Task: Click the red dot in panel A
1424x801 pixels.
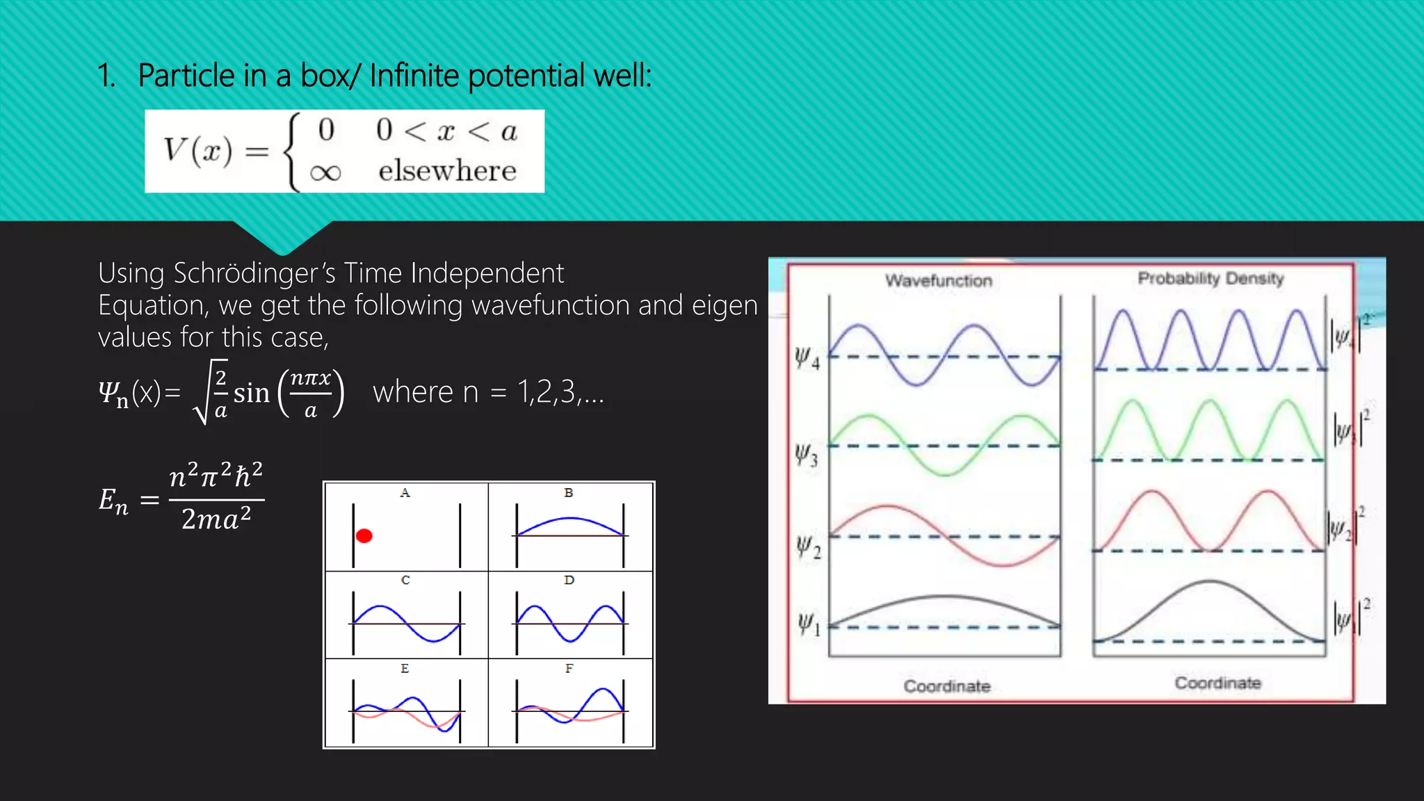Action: [x=364, y=535]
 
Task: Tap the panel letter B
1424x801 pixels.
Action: [x=569, y=493]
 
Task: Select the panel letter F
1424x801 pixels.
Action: [x=569, y=668]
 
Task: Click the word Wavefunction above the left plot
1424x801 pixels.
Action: [x=938, y=281]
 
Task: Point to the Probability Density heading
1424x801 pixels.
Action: [x=1210, y=278]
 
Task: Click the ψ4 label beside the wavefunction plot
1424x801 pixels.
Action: [x=807, y=358]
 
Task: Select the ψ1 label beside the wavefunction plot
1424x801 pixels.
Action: [x=808, y=624]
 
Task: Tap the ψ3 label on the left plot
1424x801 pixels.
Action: [x=807, y=455]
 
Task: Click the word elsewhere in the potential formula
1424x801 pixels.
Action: [x=447, y=171]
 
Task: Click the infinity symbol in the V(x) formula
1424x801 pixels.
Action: [x=325, y=172]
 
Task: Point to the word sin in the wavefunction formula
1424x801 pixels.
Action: [x=251, y=394]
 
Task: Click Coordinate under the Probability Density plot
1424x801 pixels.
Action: [x=1217, y=683]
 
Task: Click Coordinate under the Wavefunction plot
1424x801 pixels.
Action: [x=946, y=686]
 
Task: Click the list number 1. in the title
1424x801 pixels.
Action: [x=106, y=75]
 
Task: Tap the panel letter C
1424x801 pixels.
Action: [x=405, y=580]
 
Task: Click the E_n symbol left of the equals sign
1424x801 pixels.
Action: [x=113, y=501]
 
